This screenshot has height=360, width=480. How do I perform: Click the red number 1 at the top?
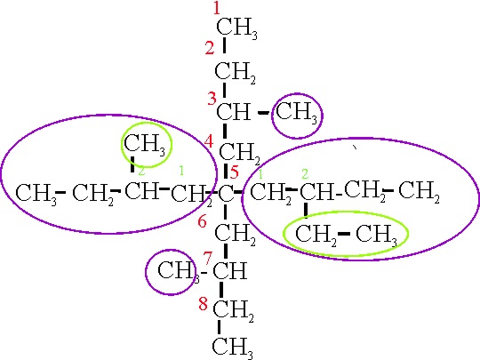tap(217, 8)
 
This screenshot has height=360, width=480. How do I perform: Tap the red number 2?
tap(210, 48)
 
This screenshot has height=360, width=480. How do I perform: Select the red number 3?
tap(212, 99)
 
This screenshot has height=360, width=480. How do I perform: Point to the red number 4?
tap(209, 141)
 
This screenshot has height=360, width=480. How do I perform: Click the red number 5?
tap(234, 172)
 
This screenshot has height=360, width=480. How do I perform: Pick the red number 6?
tap(202, 221)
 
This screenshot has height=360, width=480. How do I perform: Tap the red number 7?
tap(207, 258)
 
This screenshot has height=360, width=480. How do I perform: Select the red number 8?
tap(203, 304)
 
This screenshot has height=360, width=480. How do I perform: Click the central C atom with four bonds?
tap(226, 194)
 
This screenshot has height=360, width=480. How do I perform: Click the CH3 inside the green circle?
tap(145, 145)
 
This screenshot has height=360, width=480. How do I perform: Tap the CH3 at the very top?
tap(236, 28)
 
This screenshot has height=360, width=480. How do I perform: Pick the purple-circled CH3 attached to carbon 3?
tap(296, 113)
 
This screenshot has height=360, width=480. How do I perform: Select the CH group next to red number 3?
tap(233, 111)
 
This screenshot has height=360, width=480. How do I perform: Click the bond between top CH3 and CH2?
tap(224, 45)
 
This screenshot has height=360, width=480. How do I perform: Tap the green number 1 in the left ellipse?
tap(181, 170)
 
